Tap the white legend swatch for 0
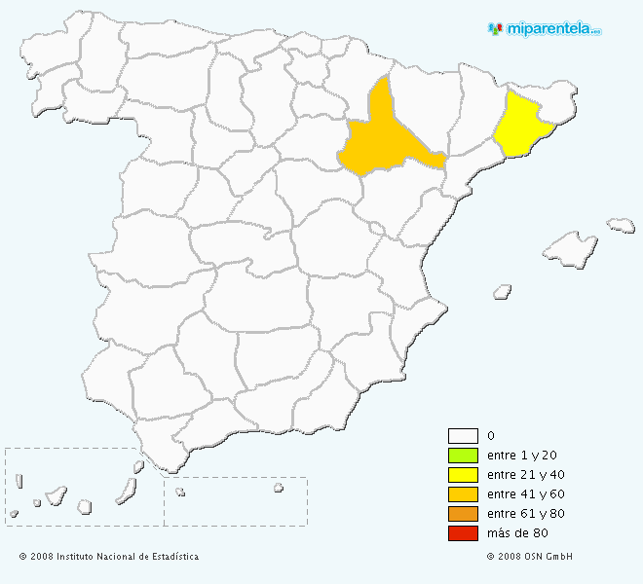click(463, 436)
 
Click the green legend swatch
click(463, 456)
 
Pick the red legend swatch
click(463, 533)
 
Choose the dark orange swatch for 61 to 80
click(463, 514)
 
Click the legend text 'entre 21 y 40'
click(525, 475)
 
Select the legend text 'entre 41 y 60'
click(525, 494)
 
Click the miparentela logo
click(545, 29)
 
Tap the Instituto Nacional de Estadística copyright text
click(109, 557)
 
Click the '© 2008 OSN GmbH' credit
click(529, 557)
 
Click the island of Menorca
click(621, 225)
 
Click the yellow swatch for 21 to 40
click(463, 475)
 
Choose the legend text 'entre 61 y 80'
click(525, 514)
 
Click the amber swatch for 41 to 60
click(463, 494)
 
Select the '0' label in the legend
click(490, 436)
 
